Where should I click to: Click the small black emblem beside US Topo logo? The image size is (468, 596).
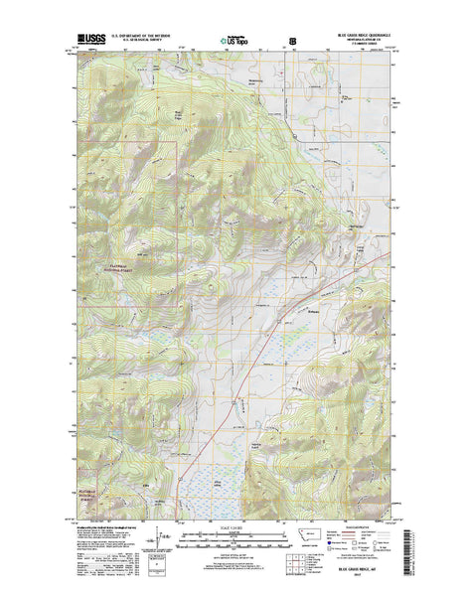[x=292, y=42]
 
